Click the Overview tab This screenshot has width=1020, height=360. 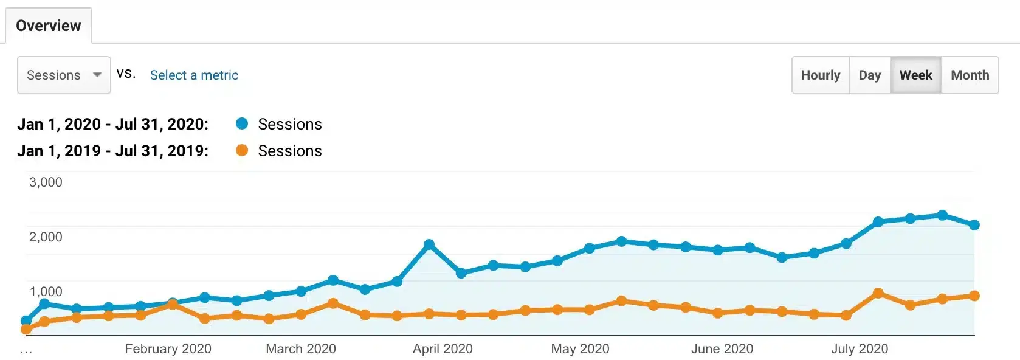(49, 26)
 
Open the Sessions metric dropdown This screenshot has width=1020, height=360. (64, 75)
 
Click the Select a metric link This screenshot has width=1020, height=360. (194, 75)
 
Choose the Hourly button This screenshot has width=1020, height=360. (820, 75)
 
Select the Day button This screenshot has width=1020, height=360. (869, 75)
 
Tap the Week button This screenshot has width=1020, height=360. (915, 75)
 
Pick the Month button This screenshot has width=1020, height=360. (970, 75)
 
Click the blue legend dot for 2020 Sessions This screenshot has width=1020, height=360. (242, 123)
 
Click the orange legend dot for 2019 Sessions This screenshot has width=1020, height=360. (242, 150)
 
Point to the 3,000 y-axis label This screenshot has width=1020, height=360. (46, 182)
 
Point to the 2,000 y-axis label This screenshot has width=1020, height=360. (46, 237)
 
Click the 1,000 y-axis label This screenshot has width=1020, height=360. (46, 291)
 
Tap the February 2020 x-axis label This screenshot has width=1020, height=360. (168, 348)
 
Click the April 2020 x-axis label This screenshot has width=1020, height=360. (443, 348)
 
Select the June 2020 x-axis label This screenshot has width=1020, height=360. (722, 348)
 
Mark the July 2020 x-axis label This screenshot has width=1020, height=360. (860, 348)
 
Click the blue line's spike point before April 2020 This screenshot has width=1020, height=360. (429, 244)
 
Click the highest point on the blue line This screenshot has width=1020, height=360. (942, 215)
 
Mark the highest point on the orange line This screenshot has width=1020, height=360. (878, 293)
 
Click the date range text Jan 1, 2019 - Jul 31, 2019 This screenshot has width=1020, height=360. (112, 151)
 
